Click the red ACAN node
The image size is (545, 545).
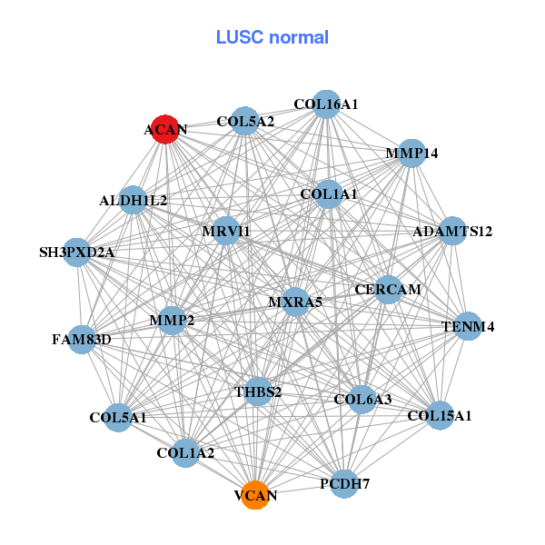coord(164,129)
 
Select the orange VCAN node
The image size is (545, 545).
coord(256,495)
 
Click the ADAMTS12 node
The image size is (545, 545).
coord(452,231)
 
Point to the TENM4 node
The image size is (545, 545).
coord(467,326)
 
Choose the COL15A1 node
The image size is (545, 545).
coord(440,415)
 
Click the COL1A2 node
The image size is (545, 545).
coord(185,452)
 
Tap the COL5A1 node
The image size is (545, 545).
coord(118,418)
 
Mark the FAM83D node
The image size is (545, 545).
coord(82,340)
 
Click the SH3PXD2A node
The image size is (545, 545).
coord(77,252)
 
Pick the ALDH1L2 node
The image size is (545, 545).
coord(134,200)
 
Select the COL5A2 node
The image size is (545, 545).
coord(244,121)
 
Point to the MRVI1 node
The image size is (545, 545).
coord(225,232)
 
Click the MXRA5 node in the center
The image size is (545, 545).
coord(295,302)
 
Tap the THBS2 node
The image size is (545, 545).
coord(259,391)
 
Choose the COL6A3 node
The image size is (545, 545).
coord(362,399)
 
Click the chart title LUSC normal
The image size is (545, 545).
coord(272,37)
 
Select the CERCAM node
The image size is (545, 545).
coord(389,290)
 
